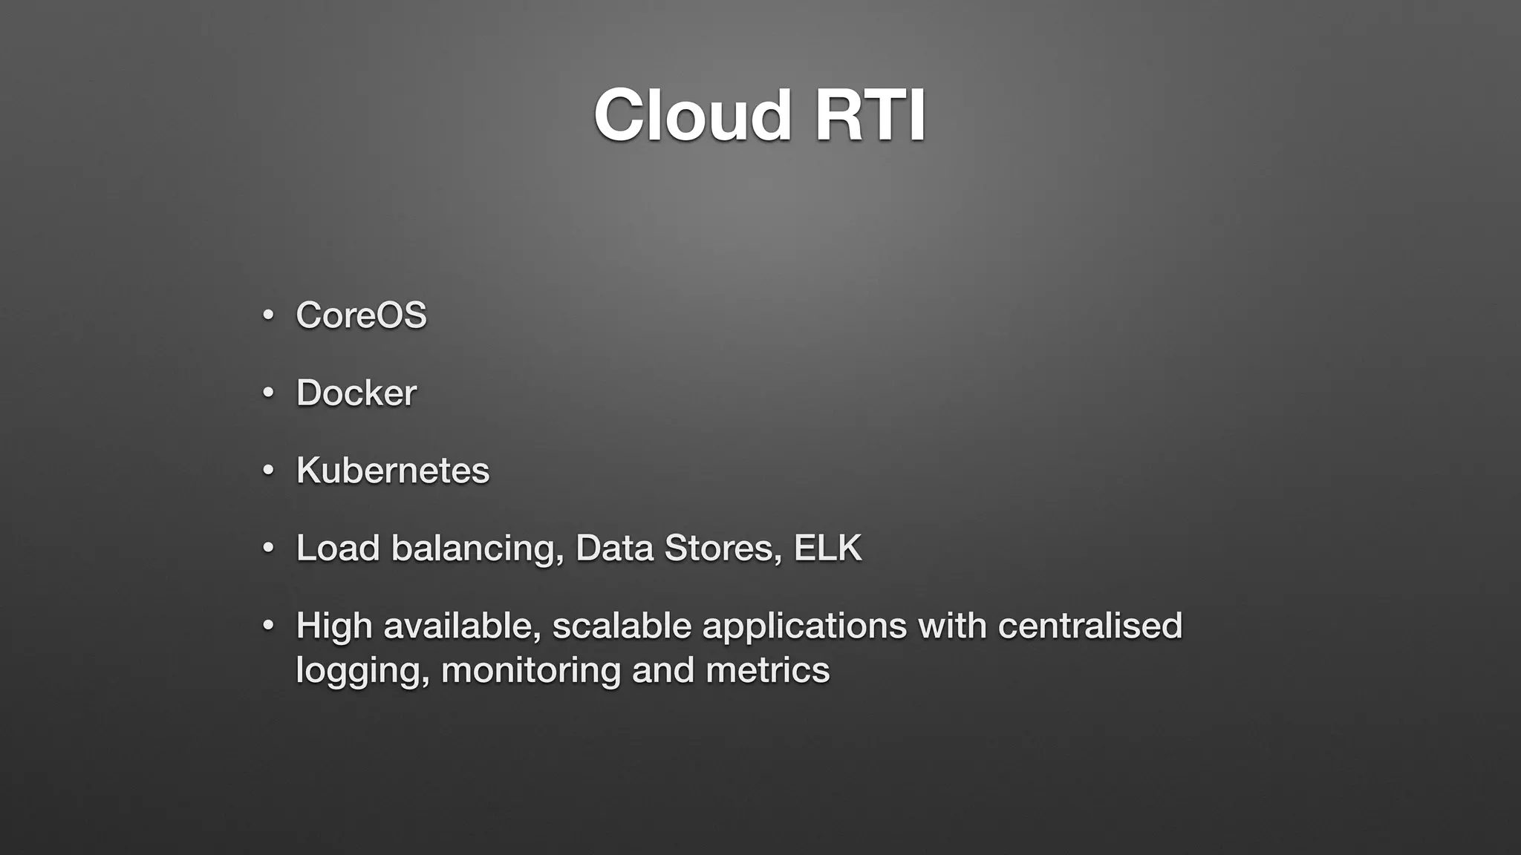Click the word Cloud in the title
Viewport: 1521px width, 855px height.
click(692, 116)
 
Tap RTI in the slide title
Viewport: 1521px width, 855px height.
click(870, 116)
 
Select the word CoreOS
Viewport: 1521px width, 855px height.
click(361, 315)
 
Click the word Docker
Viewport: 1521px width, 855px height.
click(356, 393)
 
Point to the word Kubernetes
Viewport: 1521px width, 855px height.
click(393, 471)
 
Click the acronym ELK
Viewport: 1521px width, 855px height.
click(827, 548)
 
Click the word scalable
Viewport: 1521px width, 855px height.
click(622, 626)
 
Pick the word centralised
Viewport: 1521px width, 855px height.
click(1090, 626)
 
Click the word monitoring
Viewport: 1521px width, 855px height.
click(530, 671)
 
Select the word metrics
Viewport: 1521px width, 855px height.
click(767, 670)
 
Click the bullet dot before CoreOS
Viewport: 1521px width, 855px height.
click(269, 315)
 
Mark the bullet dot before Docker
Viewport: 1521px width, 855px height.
click(269, 393)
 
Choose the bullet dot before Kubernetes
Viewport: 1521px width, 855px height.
click(269, 471)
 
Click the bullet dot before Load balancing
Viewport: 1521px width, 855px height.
click(269, 548)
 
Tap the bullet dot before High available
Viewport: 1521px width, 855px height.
click(269, 626)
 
